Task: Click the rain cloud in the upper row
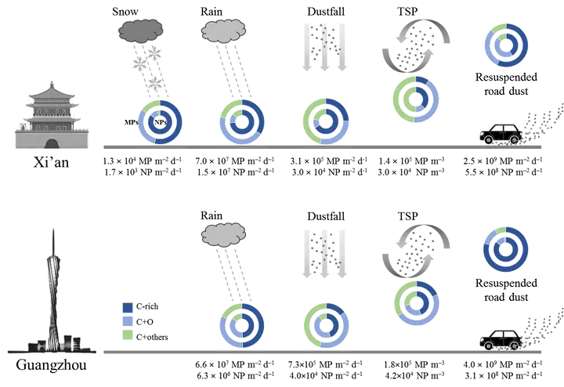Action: (223, 31)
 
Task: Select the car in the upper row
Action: (499, 133)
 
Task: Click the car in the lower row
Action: (499, 338)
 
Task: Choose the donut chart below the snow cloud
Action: (160, 122)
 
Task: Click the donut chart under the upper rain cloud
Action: (242, 122)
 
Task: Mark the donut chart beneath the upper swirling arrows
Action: (414, 98)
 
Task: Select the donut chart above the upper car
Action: (506, 45)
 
